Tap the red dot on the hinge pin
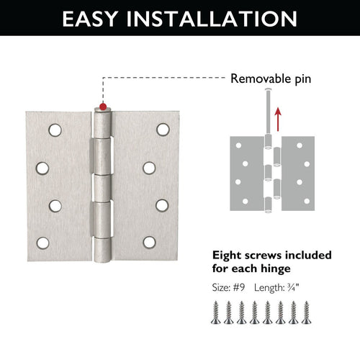[x=103, y=107]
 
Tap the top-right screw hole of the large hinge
[x=163, y=130]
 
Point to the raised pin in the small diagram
[x=267, y=108]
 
